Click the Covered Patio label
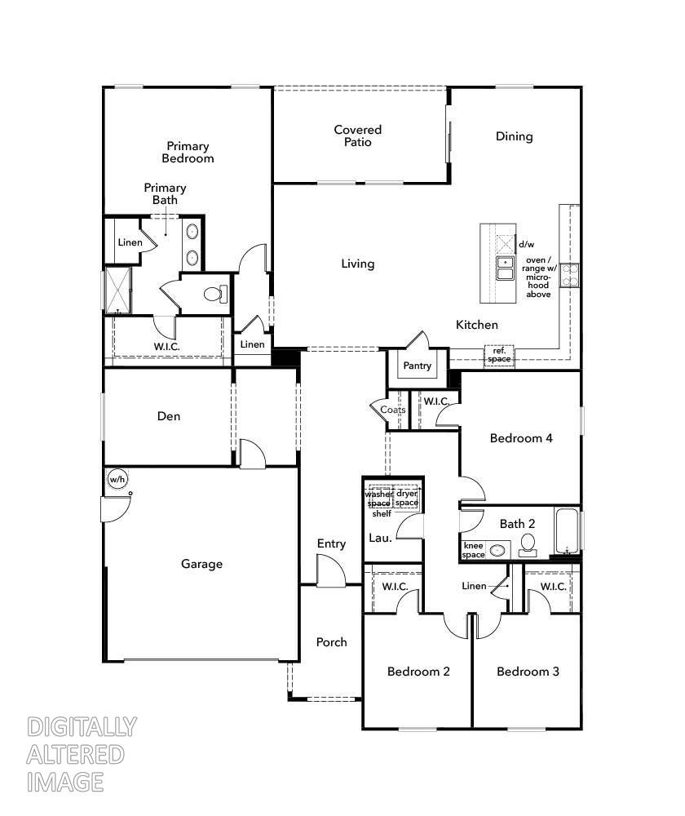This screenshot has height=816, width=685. tap(357, 135)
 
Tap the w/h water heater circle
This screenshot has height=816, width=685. tap(117, 479)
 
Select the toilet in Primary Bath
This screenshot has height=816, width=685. tap(215, 294)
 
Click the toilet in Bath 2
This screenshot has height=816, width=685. tap(528, 544)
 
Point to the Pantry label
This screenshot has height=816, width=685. tap(417, 366)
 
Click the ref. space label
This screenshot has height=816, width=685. tap(499, 355)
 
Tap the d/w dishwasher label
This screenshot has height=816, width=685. tap(526, 244)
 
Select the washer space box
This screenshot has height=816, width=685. tap(378, 498)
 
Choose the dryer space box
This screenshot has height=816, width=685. tap(406, 498)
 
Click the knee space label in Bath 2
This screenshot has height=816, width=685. tap(474, 550)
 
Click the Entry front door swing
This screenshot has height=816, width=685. tap(330, 570)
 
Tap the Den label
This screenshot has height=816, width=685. tap(169, 416)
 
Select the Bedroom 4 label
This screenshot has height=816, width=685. tap(521, 438)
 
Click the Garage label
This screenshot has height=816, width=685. tap(201, 564)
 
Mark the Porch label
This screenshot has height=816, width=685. tap(331, 642)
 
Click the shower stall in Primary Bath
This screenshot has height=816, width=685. tap(118, 290)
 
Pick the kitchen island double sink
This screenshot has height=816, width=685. tap(506, 267)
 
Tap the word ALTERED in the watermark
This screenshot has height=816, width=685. tap(76, 754)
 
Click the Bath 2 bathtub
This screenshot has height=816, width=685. tap(568, 531)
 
